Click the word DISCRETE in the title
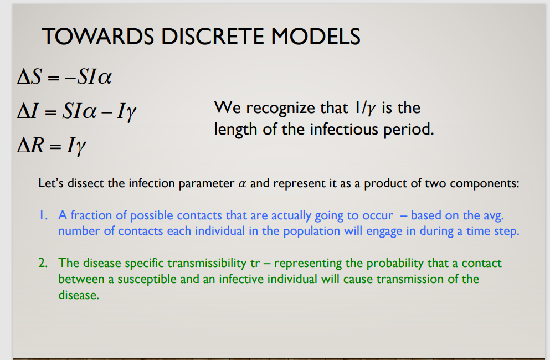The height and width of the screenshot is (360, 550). [x=212, y=36]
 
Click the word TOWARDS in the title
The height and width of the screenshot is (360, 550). [x=98, y=36]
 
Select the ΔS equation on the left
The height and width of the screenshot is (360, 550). [x=65, y=76]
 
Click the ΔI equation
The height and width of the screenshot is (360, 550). [x=76, y=111]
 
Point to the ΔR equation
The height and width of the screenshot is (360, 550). [x=51, y=145]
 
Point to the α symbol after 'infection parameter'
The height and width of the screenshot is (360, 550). [x=242, y=183]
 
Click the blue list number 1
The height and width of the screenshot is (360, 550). [x=43, y=215]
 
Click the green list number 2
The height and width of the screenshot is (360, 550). [x=43, y=263]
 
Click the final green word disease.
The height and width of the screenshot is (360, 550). [x=79, y=295]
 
